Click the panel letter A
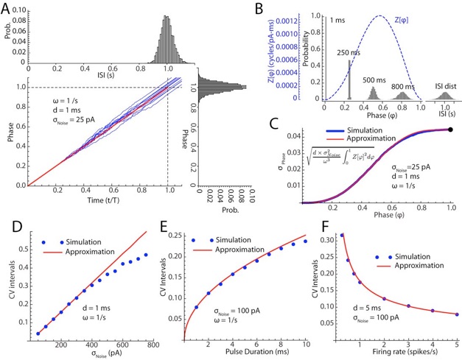click(9, 8)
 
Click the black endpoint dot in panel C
click(450, 129)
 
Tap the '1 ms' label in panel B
click(338, 21)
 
